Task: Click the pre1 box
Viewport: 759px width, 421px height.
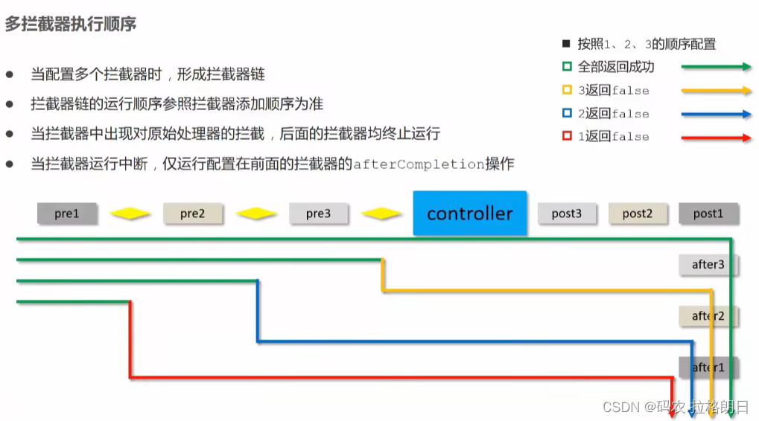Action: tap(66, 213)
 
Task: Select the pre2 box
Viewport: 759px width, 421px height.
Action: tap(192, 213)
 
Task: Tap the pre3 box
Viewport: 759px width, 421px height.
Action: tap(318, 213)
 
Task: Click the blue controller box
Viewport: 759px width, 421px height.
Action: tap(469, 213)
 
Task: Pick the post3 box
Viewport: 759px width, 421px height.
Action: tap(567, 213)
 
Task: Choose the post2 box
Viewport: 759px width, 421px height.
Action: tap(638, 213)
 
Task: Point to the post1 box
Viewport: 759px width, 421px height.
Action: tap(708, 213)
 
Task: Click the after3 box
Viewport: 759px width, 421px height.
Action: tap(708, 265)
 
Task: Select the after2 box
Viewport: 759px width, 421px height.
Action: tap(708, 316)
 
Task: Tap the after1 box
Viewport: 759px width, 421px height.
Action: tap(708, 367)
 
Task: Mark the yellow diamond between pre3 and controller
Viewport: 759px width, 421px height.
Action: tap(381, 214)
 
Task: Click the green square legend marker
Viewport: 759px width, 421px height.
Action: tap(567, 67)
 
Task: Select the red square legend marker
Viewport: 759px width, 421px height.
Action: tap(567, 137)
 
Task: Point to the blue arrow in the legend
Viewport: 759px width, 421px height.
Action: tap(716, 115)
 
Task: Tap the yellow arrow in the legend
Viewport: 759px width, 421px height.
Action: tap(716, 91)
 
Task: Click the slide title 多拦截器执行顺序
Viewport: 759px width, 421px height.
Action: tap(70, 25)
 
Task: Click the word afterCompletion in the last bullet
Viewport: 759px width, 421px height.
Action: tap(419, 164)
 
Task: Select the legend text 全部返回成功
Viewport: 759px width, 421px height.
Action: tap(616, 67)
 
